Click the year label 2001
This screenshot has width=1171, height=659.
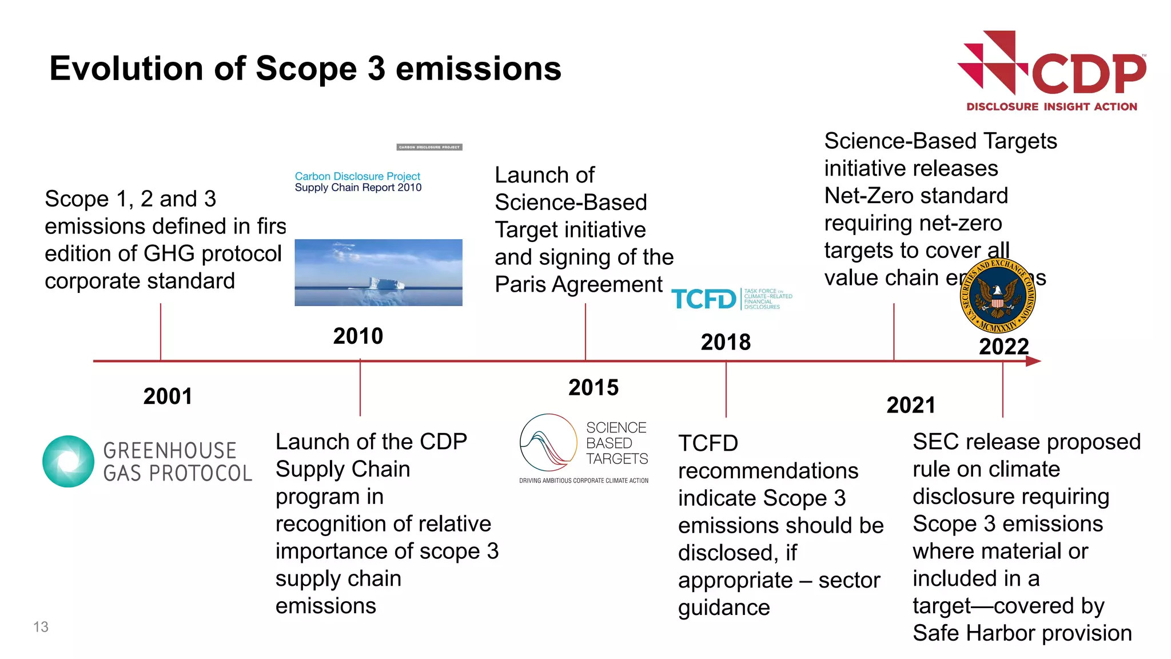(x=168, y=396)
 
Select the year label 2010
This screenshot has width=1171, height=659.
(x=358, y=336)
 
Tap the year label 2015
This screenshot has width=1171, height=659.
(x=593, y=388)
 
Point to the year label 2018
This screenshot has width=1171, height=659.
(x=725, y=343)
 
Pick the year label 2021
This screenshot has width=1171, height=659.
(x=910, y=406)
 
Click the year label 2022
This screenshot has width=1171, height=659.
(x=1003, y=347)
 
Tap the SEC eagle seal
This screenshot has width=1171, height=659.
(x=997, y=296)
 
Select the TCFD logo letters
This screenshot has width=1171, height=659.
(x=703, y=299)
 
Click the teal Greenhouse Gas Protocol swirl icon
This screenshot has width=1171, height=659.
(x=69, y=462)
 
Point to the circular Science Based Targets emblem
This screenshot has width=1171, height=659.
(x=548, y=442)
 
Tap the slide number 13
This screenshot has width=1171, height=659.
(x=41, y=627)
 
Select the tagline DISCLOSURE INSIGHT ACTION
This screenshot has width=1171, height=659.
(x=1051, y=107)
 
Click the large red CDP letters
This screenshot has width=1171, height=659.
(x=1089, y=74)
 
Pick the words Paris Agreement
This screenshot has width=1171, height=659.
(x=578, y=284)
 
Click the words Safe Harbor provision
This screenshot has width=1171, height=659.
(x=1022, y=633)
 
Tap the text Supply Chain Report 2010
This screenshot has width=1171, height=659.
(x=358, y=188)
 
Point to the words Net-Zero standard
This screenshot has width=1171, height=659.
(x=915, y=196)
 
